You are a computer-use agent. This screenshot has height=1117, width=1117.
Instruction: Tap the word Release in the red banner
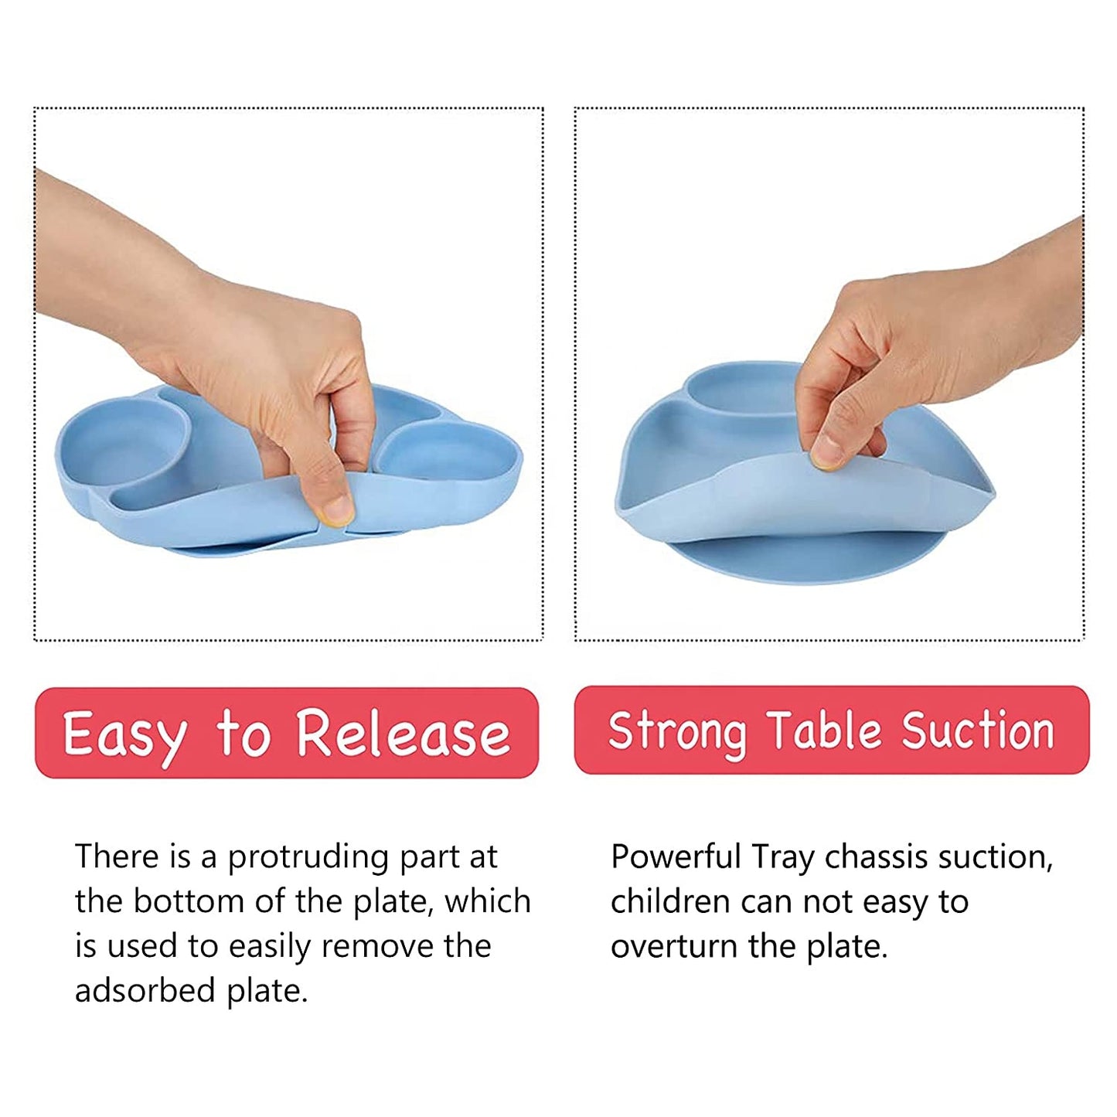point(404,734)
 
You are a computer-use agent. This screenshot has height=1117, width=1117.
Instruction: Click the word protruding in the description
point(308,859)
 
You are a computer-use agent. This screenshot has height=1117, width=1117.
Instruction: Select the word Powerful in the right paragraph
point(676,857)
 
